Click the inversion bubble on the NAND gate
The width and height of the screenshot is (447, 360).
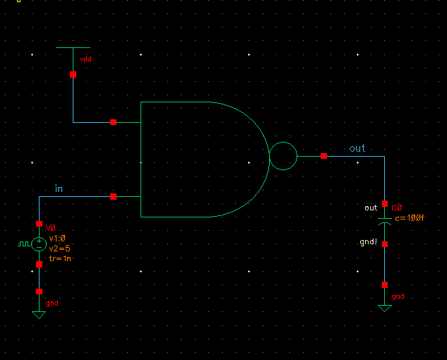283,156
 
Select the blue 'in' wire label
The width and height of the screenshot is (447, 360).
59,188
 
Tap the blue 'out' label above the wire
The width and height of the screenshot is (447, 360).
357,148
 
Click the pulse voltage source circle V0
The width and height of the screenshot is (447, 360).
40,244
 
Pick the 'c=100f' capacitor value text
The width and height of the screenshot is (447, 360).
410,218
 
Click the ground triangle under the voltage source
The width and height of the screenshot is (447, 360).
39,314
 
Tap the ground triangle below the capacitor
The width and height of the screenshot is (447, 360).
385,308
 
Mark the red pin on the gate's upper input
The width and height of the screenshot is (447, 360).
113,122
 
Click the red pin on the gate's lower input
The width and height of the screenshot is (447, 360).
113,197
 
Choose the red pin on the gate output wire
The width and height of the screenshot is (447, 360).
323,156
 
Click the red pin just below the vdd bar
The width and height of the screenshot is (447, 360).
73,74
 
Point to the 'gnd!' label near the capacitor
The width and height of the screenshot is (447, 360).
369,241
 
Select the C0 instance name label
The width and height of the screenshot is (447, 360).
397,208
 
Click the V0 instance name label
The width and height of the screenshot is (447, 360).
51,229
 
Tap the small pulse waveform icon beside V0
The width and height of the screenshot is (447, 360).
24,244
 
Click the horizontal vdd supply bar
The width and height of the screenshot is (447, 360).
73,47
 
